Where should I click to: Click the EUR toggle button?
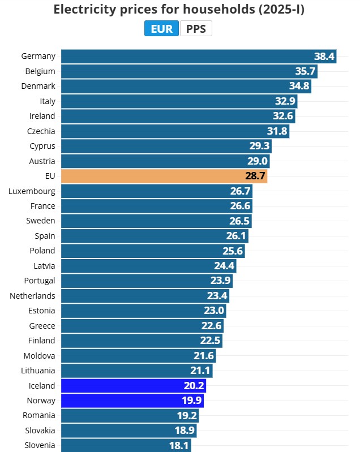162,29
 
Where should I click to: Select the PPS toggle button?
196,29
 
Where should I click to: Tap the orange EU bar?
164,176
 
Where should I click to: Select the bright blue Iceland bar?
133,386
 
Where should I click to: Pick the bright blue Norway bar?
132,401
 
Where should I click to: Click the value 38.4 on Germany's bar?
325,57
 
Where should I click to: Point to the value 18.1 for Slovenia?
178,446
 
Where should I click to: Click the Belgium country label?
40,71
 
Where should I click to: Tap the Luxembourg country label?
32,191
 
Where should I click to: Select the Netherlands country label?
32,296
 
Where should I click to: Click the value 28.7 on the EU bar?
255,177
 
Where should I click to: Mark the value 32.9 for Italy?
285,102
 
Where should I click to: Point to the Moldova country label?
40,356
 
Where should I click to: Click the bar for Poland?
153,251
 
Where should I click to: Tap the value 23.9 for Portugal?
220,281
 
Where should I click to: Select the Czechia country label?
41,131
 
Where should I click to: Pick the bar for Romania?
130,416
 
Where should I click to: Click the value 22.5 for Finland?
210,341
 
